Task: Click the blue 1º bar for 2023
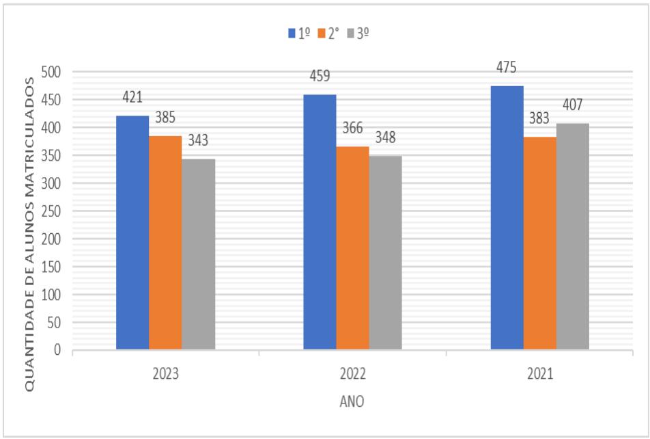(132, 232)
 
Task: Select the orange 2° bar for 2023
(165, 243)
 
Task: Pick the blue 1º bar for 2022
(320, 222)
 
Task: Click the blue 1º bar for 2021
(507, 217)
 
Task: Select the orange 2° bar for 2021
(539, 243)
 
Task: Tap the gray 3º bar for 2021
(572, 237)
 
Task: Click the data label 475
(507, 68)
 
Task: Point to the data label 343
(198, 142)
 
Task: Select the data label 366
(352, 129)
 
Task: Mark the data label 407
(572, 106)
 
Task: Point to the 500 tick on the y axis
(52, 72)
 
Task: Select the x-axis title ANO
(352, 401)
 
